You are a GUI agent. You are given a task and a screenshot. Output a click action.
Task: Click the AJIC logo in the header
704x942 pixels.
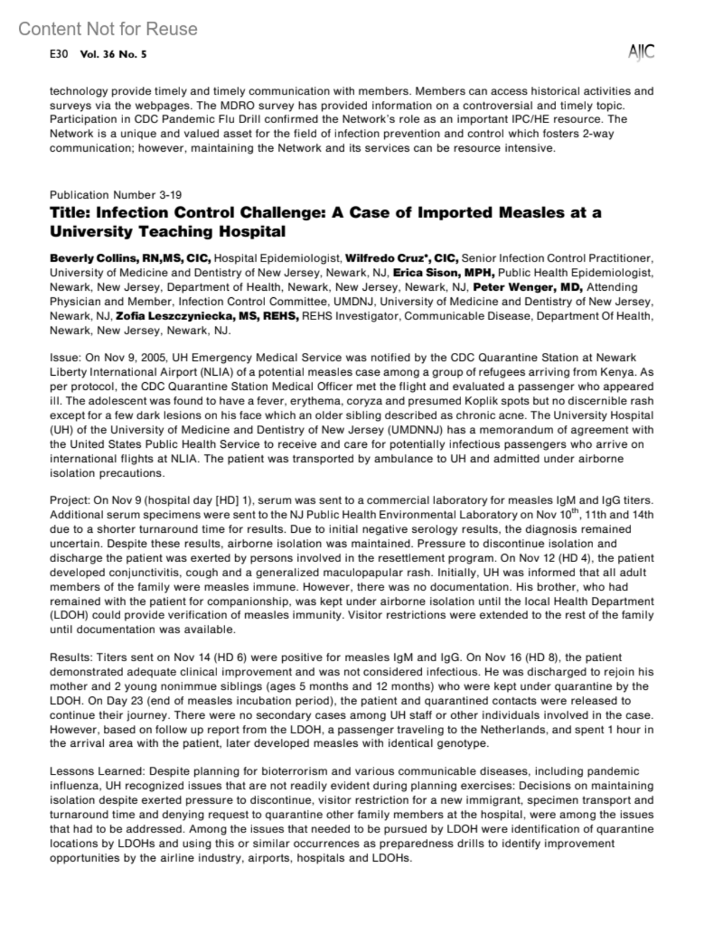click(x=641, y=52)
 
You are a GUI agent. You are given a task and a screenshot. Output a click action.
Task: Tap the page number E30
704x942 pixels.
click(x=59, y=55)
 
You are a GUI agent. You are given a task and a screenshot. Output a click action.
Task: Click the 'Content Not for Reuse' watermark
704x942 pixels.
click(x=108, y=29)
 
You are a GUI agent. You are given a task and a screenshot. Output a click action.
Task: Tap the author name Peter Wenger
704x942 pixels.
click(x=510, y=287)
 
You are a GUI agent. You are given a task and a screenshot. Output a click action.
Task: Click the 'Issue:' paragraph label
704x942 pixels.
click(x=65, y=358)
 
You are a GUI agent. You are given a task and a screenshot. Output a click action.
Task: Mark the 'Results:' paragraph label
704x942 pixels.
click(x=71, y=658)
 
